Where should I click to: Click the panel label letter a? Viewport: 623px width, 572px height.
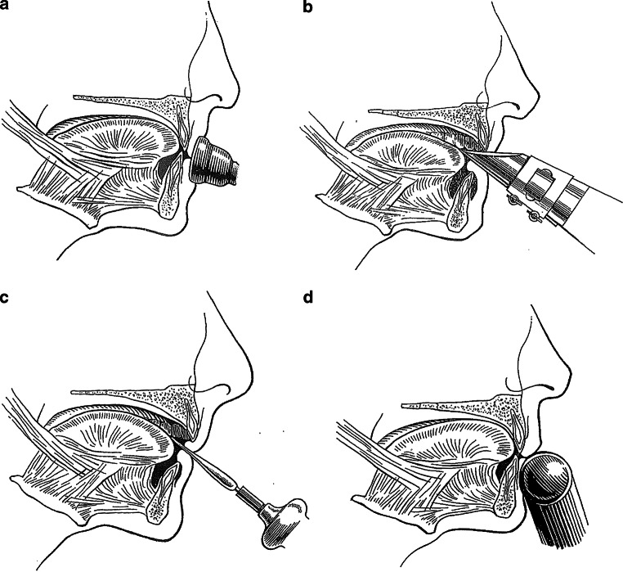pyautogui.click(x=7, y=9)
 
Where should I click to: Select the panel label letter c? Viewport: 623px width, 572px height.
pyautogui.click(x=7, y=298)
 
